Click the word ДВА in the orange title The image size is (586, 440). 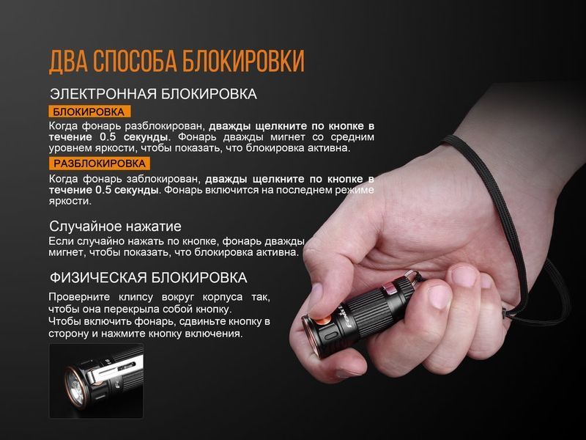[x=67, y=61]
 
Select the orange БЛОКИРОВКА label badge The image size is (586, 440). [x=89, y=111]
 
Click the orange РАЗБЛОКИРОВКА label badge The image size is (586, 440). [x=100, y=164]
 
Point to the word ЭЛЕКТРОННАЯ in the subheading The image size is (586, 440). [x=103, y=94]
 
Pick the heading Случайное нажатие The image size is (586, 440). [x=115, y=227]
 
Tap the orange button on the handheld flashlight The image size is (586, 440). [x=322, y=321]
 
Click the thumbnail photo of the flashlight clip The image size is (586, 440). [x=97, y=381]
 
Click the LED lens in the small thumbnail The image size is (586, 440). [x=75, y=386]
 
